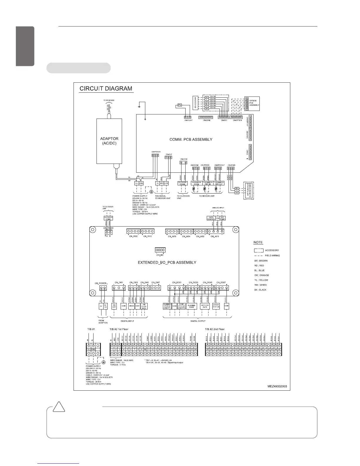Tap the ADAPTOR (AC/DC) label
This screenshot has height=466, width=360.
[109, 141]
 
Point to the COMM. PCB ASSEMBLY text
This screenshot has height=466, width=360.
[191, 139]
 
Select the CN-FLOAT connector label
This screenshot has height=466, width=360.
[189, 120]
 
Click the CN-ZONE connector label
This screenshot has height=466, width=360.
[205, 120]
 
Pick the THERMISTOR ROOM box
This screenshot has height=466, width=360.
[196, 183]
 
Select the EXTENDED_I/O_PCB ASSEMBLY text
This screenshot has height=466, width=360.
[167, 262]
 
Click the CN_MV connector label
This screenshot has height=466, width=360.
[160, 255]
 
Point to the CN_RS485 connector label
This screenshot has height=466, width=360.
[108, 228]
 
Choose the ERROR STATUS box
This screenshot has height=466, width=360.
[216, 306]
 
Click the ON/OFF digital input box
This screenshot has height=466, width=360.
[114, 306]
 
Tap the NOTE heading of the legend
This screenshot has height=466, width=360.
[258, 242]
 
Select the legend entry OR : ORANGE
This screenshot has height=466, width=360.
[262, 275]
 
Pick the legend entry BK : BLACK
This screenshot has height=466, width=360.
[260, 290]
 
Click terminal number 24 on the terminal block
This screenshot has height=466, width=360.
[195, 349]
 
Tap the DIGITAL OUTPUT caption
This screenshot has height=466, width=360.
[198, 321]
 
